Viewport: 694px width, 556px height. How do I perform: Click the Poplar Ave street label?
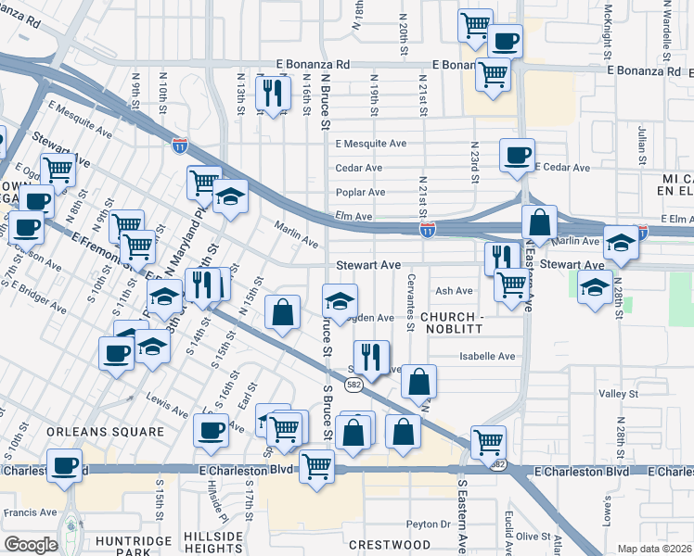click(x=361, y=193)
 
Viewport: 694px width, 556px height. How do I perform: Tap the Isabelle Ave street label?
click(x=487, y=356)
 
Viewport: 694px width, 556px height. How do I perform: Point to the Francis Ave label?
click(x=25, y=511)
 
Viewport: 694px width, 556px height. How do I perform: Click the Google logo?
click(x=31, y=544)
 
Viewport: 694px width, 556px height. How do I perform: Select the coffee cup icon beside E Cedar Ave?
click(x=517, y=155)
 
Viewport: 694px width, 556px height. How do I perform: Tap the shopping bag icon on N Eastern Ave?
click(x=539, y=223)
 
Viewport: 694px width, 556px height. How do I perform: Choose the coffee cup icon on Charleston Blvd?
click(x=64, y=465)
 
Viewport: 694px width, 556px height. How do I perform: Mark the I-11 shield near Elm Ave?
click(x=427, y=228)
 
